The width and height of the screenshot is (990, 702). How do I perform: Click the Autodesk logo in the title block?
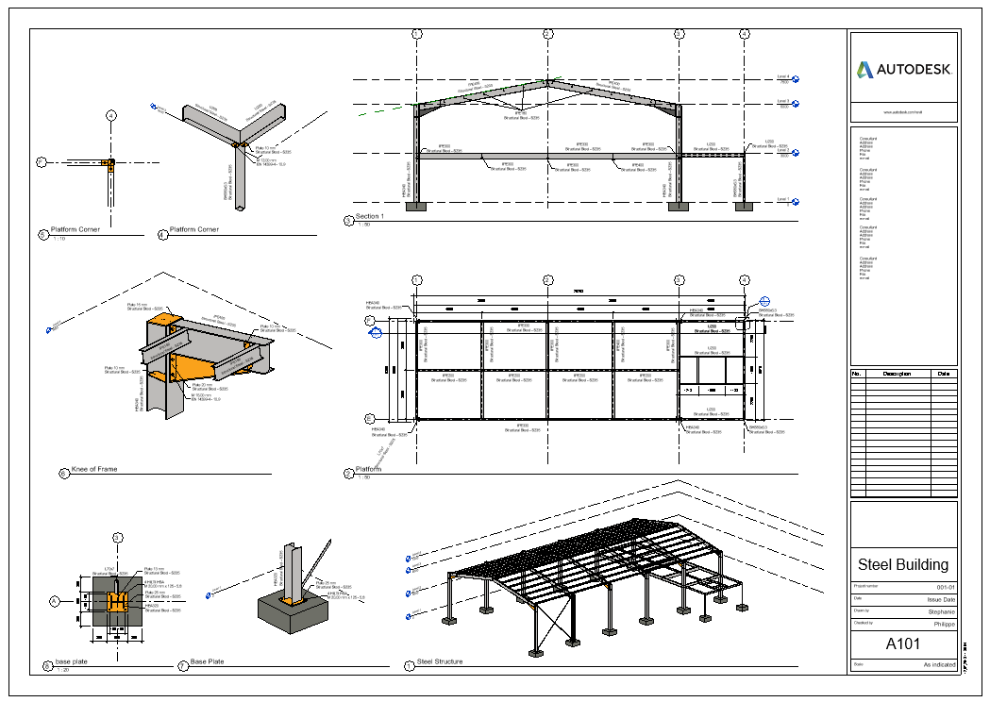(903, 69)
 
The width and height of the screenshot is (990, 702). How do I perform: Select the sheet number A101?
(903, 645)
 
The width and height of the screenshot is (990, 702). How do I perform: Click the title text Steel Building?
(902, 565)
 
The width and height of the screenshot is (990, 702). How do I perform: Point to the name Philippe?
(942, 623)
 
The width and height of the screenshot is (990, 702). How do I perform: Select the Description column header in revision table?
(897, 374)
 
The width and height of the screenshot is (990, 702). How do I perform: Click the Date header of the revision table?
(944, 374)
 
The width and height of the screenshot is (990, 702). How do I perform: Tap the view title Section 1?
(370, 217)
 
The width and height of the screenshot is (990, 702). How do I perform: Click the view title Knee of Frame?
(94, 469)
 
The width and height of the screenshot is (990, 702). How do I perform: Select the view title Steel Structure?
(440, 661)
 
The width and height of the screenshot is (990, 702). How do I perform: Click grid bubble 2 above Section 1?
(547, 34)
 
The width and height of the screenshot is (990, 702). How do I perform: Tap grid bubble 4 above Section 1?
(745, 34)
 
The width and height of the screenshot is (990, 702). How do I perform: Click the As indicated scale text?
(939, 665)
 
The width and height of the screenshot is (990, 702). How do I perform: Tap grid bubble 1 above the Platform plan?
(416, 280)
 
